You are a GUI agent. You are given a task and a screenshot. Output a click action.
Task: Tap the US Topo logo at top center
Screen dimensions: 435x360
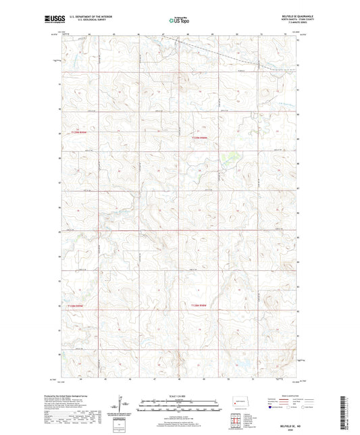click(x=179, y=20)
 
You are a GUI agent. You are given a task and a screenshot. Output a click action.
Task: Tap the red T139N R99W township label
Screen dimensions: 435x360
click(x=80, y=132)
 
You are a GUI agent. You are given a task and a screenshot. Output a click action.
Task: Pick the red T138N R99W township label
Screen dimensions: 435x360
click(x=80, y=305)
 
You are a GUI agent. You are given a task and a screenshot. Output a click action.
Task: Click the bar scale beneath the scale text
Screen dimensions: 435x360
click(x=180, y=407)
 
